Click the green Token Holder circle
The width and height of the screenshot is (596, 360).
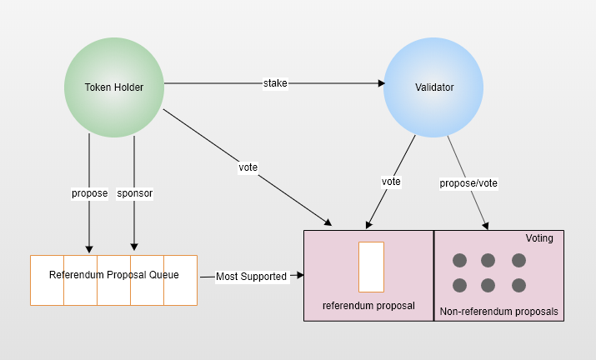(114, 87)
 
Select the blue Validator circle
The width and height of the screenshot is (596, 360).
(433, 87)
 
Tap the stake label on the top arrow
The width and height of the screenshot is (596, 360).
(275, 83)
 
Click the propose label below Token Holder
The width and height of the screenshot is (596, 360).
(89, 193)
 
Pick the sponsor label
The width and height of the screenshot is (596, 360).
(135, 193)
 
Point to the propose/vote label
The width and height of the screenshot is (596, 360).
(468, 182)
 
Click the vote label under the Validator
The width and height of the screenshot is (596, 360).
(391, 182)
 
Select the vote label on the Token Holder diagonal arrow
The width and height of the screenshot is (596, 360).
(248, 167)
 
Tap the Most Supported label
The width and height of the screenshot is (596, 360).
(251, 276)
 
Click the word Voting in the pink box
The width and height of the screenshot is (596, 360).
(538, 239)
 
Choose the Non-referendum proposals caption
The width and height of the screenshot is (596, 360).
(499, 313)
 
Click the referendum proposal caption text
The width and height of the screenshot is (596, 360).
(368, 305)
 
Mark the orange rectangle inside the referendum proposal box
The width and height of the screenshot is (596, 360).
(371, 267)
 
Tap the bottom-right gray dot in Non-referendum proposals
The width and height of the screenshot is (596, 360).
(518, 285)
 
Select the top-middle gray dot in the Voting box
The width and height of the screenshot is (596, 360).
(488, 260)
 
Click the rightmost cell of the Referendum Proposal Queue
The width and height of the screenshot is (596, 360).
(180, 280)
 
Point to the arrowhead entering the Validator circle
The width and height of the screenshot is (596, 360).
(381, 83)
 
